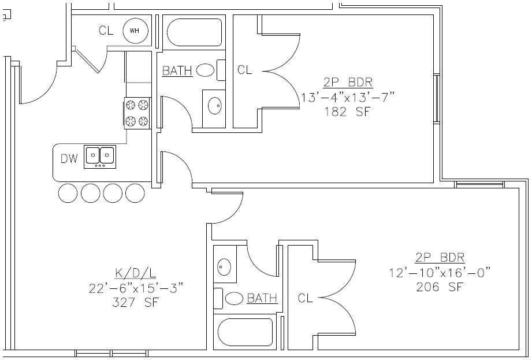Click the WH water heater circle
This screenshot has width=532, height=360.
(x=135, y=31)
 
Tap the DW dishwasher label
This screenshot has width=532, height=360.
(x=69, y=159)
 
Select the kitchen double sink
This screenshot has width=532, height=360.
(x=99, y=156)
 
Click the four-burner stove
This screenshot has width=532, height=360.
(x=137, y=113)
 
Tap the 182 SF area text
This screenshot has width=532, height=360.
(x=347, y=112)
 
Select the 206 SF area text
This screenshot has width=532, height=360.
(x=440, y=286)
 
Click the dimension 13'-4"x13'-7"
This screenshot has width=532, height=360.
(x=347, y=97)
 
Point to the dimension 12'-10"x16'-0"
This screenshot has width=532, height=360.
(x=440, y=272)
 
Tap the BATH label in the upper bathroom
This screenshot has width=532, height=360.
(x=177, y=71)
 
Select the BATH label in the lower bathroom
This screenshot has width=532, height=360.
(x=262, y=298)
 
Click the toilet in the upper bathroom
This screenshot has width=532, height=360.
(x=209, y=70)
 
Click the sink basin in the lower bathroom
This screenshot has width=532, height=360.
(x=224, y=267)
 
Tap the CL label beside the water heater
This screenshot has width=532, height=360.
(x=106, y=31)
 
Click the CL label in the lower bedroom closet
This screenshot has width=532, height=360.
(x=306, y=298)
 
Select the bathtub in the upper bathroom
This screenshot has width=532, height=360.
(x=193, y=32)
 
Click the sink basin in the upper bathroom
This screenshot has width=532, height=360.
(x=214, y=105)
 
